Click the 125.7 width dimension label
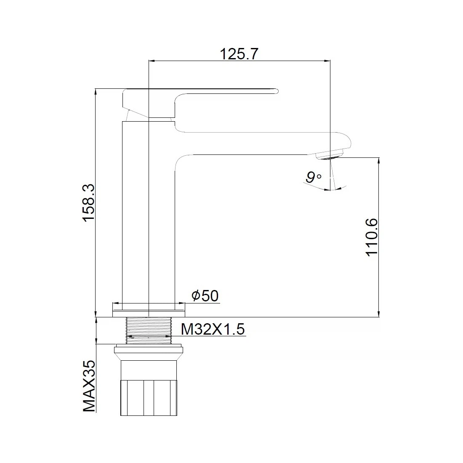pos(239,54)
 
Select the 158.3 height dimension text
pos(88,202)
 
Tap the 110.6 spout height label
pos(372,237)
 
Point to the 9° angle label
pos(313,178)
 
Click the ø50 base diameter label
pos(205,295)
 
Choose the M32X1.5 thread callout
pos(213,329)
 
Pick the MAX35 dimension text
pos(89,386)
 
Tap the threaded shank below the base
pos(149,330)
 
